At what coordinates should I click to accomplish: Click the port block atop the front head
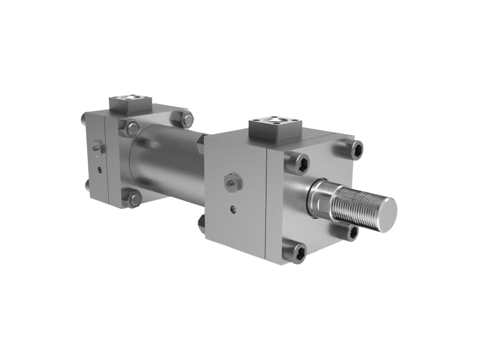[x=274, y=127]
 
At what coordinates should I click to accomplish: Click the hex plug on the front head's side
[x=232, y=181]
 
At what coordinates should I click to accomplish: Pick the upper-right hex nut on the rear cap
[x=181, y=118]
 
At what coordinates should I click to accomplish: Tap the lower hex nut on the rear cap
[x=133, y=197]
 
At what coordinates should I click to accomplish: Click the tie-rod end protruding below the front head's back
[x=201, y=223]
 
